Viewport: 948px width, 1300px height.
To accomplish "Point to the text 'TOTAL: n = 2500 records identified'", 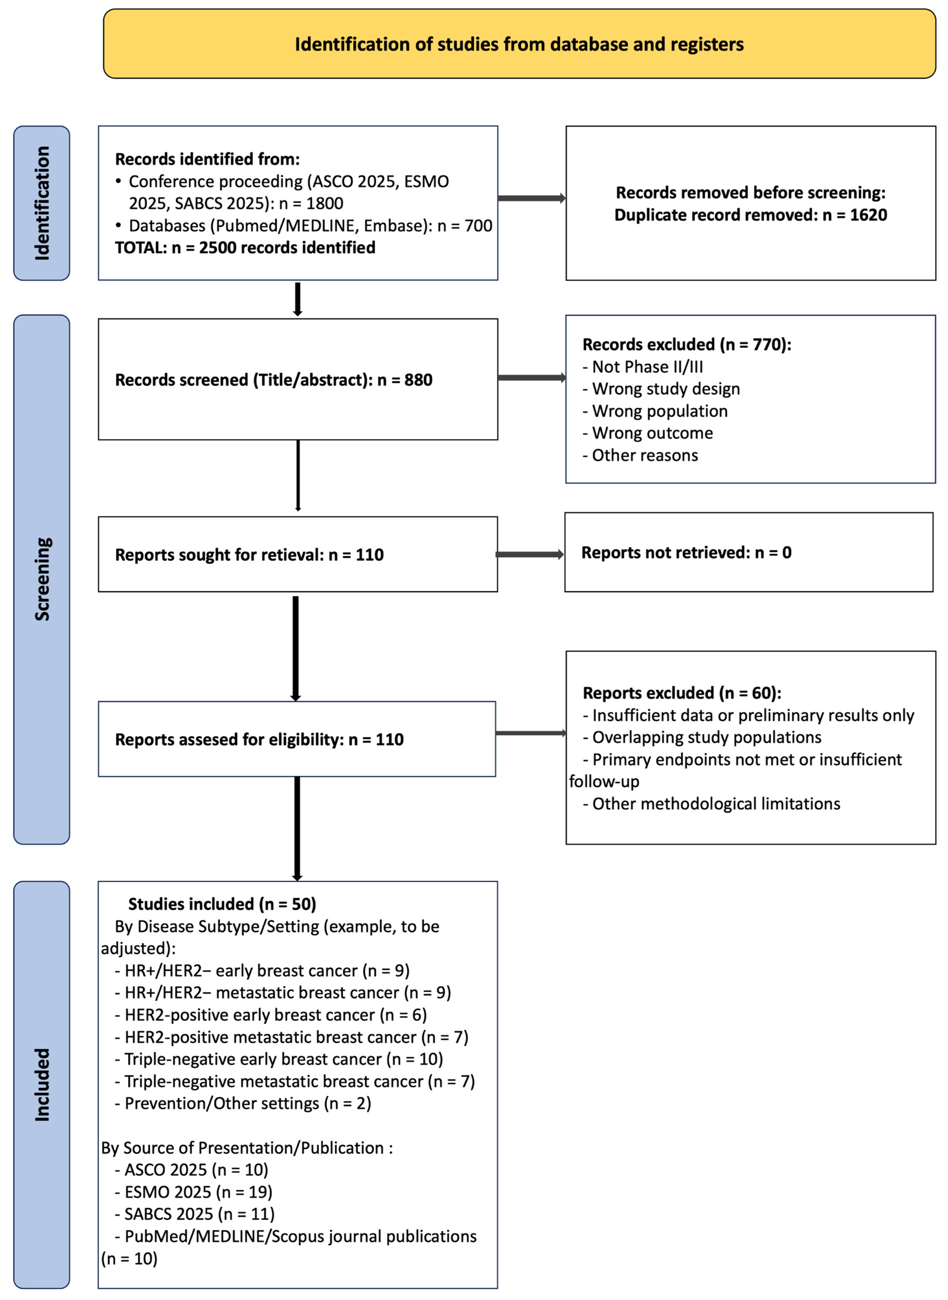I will (x=245, y=247).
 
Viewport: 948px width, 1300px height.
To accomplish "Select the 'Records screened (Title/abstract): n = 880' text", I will (x=274, y=380).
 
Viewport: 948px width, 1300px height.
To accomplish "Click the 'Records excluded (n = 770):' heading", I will (x=686, y=344).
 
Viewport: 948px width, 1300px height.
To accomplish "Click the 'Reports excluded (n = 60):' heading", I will (x=682, y=693).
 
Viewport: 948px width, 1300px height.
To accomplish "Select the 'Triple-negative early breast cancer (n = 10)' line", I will (x=279, y=1059).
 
